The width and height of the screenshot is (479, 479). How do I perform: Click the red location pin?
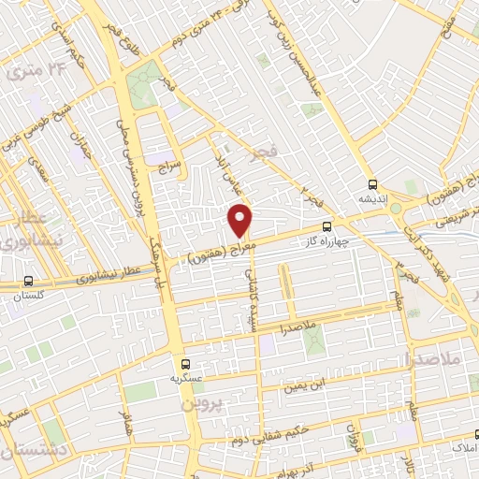pos(240,220)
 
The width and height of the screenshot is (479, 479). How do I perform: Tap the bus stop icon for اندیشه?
pos(373,184)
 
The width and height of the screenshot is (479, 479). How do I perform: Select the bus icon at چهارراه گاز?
pos(327,225)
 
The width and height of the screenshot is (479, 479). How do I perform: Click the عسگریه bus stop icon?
pos(183,363)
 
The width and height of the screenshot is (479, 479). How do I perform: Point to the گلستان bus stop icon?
pos(27,281)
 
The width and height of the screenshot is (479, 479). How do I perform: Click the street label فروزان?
pos(353,435)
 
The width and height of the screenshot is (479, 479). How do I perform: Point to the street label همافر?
pos(124,420)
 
